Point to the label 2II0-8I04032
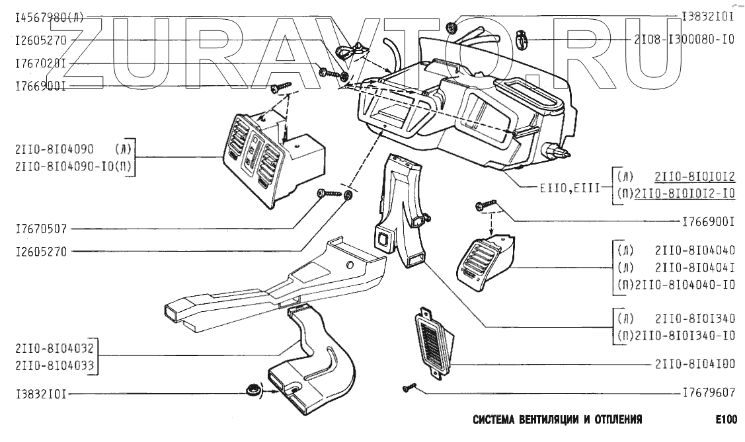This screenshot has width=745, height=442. coord(54,349)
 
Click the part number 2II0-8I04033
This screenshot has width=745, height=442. coord(54,365)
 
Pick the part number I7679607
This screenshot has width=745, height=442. coord(709,392)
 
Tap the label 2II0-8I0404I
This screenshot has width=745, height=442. coord(695,268)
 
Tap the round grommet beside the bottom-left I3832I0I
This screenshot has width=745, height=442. coord(252,391)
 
